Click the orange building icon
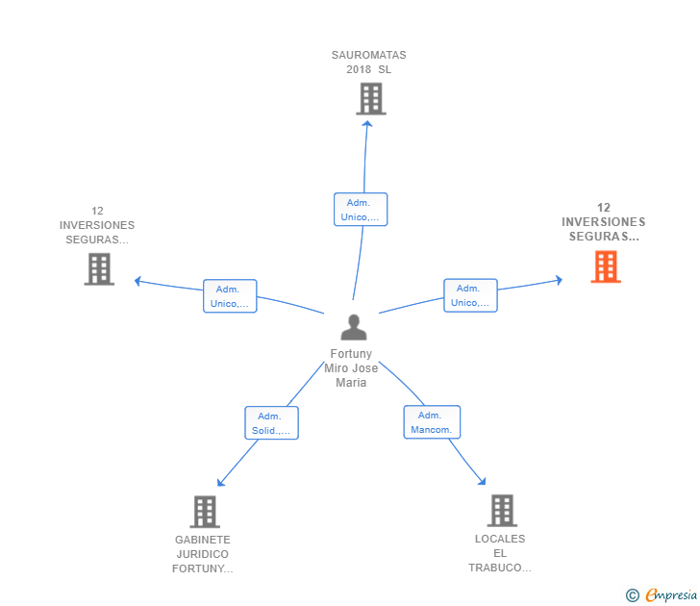click(605, 266)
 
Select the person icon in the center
click(354, 327)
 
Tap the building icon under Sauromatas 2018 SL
click(370, 98)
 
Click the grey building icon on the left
click(99, 268)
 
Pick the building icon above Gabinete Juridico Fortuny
click(204, 512)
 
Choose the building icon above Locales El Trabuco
click(501, 511)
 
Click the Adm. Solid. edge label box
click(271, 422)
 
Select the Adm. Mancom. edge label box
click(430, 421)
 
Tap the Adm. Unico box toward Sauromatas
click(360, 210)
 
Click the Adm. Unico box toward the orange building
click(470, 295)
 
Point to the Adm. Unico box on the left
click(230, 296)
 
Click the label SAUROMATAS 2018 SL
click(369, 62)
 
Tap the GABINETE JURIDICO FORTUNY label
click(203, 554)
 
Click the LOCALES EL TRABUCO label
click(500, 553)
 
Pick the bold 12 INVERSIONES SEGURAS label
click(604, 221)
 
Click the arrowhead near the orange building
click(559, 280)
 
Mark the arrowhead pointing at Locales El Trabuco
click(482, 482)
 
